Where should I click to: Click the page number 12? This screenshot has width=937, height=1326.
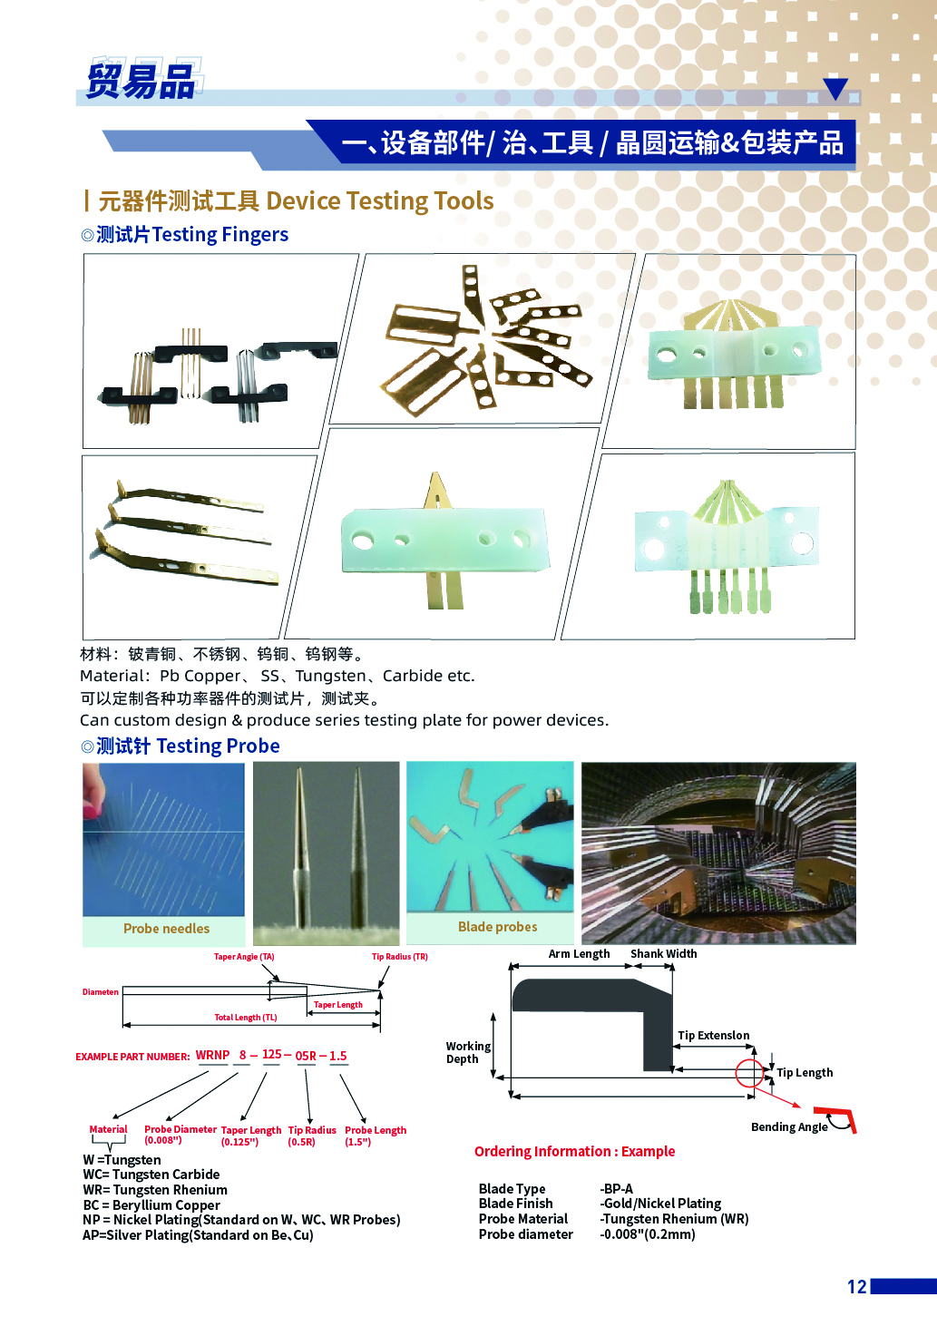pos(856,1286)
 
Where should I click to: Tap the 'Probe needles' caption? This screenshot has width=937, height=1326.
pos(166,929)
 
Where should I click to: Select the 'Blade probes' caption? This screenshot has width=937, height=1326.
pos(497,927)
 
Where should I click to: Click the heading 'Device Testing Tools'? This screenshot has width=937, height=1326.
pos(380,200)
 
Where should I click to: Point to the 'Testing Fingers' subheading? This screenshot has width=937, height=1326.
pos(220,235)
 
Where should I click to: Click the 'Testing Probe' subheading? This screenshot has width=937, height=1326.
pos(218,746)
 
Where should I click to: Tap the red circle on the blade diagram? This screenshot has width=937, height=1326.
pos(749,1073)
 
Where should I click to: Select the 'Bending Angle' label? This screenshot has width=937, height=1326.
pos(789,1127)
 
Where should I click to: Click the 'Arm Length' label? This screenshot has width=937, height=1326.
pos(579,954)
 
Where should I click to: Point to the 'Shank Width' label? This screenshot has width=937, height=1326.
pos(663,954)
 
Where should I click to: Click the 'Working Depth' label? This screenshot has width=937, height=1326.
pos(467,1053)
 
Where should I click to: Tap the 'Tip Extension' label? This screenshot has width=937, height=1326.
pos(713,1036)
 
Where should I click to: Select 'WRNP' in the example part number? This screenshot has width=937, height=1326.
pos(212,1056)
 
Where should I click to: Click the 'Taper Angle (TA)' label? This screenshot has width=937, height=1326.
pos(244,957)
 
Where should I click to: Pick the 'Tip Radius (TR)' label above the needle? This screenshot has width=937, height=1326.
pos(399,957)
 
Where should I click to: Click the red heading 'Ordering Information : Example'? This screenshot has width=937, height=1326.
pos(574,1152)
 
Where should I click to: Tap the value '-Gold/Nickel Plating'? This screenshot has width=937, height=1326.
pos(660,1204)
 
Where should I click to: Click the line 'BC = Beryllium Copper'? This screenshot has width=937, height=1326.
pos(151,1205)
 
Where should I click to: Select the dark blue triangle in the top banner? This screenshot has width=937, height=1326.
pos(835,88)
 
